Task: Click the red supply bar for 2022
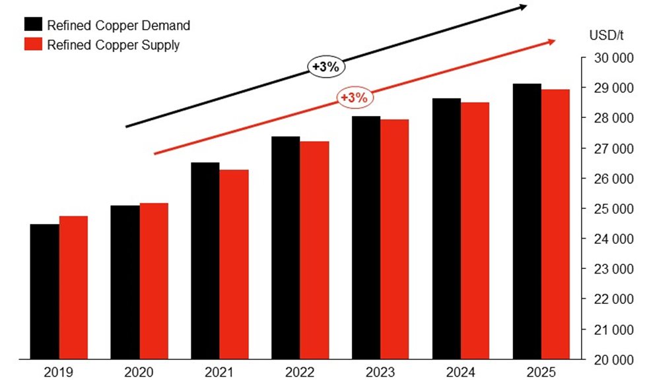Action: tap(314, 251)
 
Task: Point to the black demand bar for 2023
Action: tap(366, 237)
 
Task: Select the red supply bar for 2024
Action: tap(475, 231)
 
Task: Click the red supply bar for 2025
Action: tap(556, 224)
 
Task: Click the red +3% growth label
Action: tap(355, 97)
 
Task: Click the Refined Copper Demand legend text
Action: tap(119, 26)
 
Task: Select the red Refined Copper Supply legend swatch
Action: tap(34, 45)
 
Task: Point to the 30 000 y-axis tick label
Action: tap(613, 58)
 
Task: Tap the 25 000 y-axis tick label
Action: tap(613, 209)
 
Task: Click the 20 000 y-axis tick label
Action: tap(613, 360)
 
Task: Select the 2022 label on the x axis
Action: tap(300, 373)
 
